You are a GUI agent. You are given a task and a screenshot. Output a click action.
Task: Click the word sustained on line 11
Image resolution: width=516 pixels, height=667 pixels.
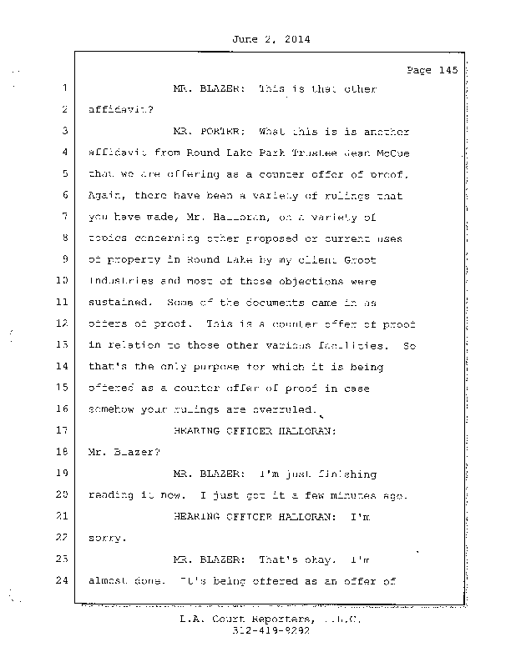(117, 303)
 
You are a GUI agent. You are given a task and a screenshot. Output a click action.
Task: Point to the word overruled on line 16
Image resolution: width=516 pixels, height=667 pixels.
(289, 409)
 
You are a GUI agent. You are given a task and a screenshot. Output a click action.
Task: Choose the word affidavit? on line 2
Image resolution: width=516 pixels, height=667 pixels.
(117, 109)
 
